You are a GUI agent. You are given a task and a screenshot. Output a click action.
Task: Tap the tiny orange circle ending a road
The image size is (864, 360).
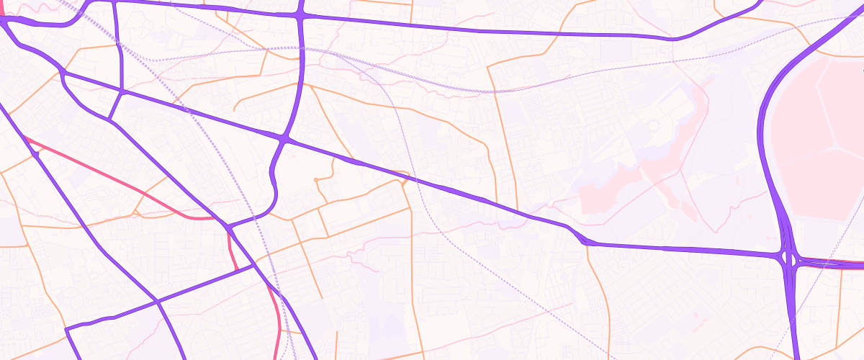click(x=315, y=179)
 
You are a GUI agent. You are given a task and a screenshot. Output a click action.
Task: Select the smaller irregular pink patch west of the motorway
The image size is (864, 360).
click(x=612, y=191)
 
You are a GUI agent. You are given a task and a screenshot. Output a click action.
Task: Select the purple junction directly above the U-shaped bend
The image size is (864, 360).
click(x=286, y=137)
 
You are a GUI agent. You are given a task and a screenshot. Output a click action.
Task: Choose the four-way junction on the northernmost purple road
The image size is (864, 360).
click(x=300, y=15)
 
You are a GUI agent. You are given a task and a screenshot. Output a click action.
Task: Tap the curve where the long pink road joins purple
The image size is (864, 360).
click(x=216, y=217)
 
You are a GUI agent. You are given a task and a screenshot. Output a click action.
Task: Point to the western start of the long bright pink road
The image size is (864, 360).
click(x=26, y=137)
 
